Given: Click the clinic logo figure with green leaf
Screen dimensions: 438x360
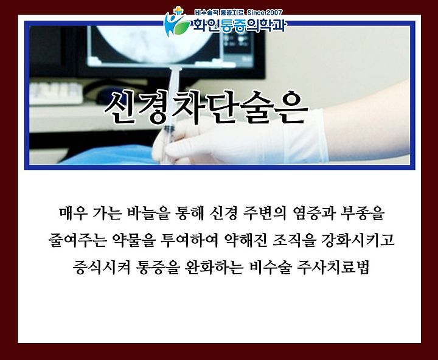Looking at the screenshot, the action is (x=176, y=22).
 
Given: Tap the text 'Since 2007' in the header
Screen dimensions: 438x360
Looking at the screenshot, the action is (x=265, y=13).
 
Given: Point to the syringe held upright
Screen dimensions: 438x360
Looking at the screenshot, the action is (x=172, y=112).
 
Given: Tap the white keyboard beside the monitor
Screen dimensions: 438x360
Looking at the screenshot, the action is (x=56, y=93).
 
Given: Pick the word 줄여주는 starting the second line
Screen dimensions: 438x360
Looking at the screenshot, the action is (x=77, y=240).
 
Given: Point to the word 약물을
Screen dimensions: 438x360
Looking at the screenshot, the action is (x=133, y=240).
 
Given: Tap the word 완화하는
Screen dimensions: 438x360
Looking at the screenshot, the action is (x=214, y=268).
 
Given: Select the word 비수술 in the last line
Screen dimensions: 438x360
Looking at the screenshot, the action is (x=270, y=268).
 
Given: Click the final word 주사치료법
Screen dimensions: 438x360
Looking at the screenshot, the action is (x=333, y=268).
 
